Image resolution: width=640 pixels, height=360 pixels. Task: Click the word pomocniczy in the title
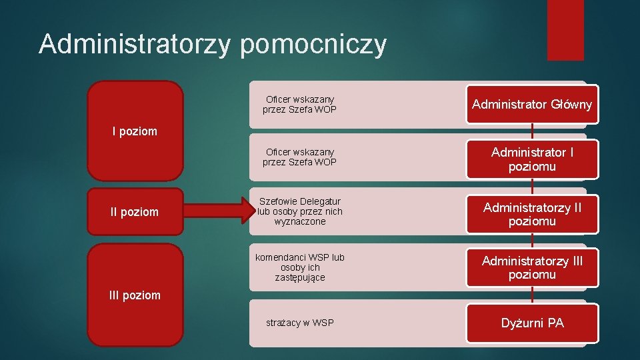click(x=313, y=45)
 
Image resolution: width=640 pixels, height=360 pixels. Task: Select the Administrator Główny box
click(x=532, y=105)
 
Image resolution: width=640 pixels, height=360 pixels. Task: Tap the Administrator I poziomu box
click(x=532, y=159)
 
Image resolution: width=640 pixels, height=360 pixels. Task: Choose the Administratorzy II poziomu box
click(x=532, y=214)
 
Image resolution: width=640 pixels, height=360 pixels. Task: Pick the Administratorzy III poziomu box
click(x=532, y=267)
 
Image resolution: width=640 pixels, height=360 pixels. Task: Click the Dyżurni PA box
click(x=532, y=323)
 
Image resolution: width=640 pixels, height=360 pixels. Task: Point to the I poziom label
click(x=135, y=131)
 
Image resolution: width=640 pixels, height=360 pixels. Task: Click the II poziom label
click(x=135, y=212)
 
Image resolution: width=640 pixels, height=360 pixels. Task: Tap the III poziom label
click(x=135, y=295)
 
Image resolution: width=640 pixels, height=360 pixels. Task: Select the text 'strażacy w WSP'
click(x=300, y=323)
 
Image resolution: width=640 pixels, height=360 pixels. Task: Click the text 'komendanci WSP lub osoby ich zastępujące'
click(x=300, y=267)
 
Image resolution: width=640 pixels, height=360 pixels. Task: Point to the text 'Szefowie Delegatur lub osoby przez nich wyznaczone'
click(x=300, y=211)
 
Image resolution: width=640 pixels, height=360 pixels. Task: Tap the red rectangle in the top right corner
click(x=565, y=30)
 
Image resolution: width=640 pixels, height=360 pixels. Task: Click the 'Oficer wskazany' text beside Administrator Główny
click(x=300, y=104)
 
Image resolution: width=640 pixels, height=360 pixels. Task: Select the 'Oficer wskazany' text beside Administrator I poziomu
click(x=300, y=157)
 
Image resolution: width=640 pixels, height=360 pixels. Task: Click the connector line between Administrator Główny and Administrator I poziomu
click(x=532, y=132)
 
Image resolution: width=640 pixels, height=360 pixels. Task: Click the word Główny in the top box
click(x=571, y=105)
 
